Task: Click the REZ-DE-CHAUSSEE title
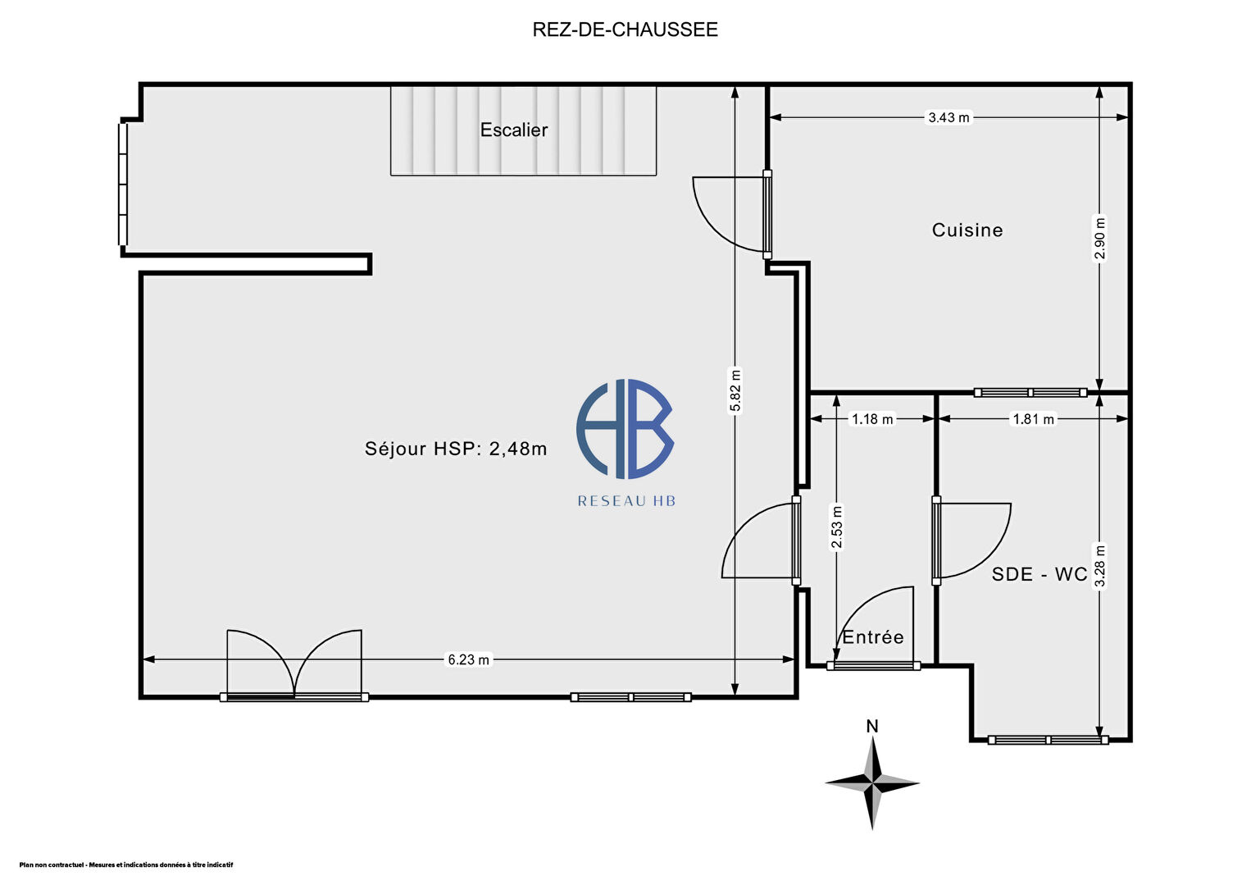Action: click(625, 30)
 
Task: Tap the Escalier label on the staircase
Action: click(514, 130)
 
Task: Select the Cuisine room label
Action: click(967, 230)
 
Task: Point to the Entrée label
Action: click(873, 637)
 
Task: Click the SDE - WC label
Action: click(1039, 574)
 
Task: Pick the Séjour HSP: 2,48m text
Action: click(456, 448)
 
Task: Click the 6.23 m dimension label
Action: click(469, 659)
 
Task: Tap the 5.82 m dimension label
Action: click(735, 390)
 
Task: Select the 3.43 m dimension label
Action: click(948, 117)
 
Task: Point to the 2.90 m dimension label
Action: click(1099, 238)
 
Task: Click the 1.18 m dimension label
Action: click(872, 419)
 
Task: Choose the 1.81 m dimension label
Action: click(1034, 419)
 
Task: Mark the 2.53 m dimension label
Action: click(837, 528)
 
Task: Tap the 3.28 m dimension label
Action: click(1099, 566)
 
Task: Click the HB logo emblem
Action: click(625, 428)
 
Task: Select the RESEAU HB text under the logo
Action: click(626, 501)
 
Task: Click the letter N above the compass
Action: click(872, 727)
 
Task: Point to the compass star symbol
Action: click(872, 783)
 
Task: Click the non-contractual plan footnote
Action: click(126, 864)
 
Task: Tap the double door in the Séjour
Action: click(294, 665)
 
